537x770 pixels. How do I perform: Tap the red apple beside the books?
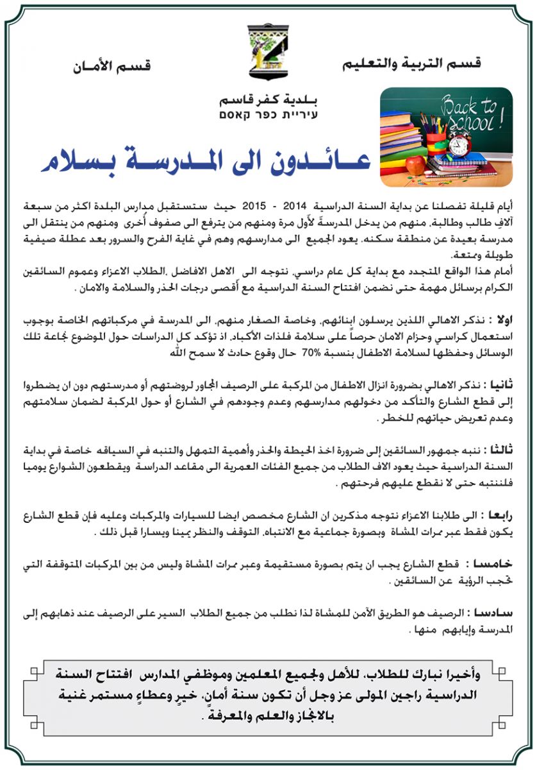tap(415, 165)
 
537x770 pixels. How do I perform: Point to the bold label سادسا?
tap(499, 614)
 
